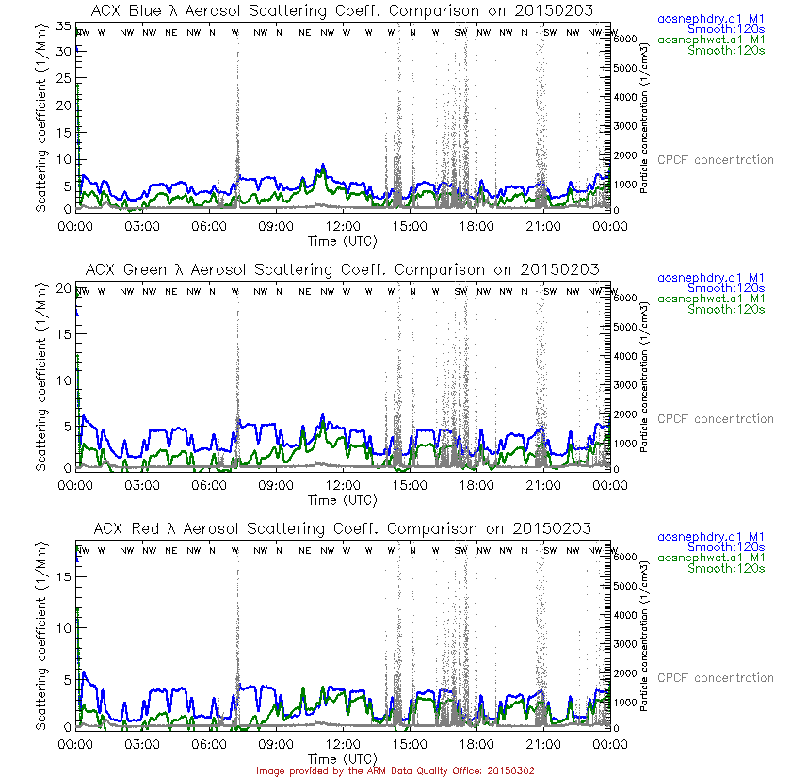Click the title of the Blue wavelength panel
343,10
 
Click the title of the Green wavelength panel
343,269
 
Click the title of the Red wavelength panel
343,528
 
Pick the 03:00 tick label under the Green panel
142,485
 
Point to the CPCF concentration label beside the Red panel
715,678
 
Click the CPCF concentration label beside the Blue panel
715,160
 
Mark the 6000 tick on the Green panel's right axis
626,297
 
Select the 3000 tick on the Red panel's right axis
626,643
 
